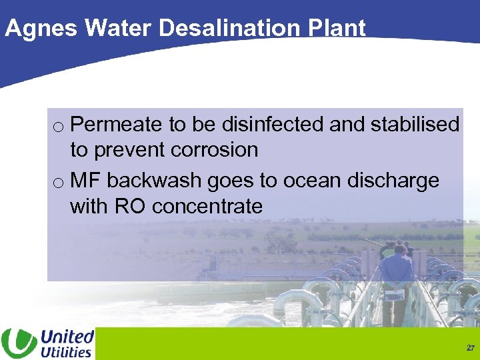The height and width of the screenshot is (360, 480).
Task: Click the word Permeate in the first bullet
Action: [x=116, y=125]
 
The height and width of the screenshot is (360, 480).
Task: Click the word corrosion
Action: [x=214, y=150]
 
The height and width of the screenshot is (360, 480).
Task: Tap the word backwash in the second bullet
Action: [x=153, y=181]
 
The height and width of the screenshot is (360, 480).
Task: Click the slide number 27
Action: [x=471, y=348]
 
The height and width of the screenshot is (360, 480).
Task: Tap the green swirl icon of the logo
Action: [x=19, y=343]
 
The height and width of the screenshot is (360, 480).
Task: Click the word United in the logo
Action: [x=67, y=336]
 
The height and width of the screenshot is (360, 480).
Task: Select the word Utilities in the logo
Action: [x=66, y=351]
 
